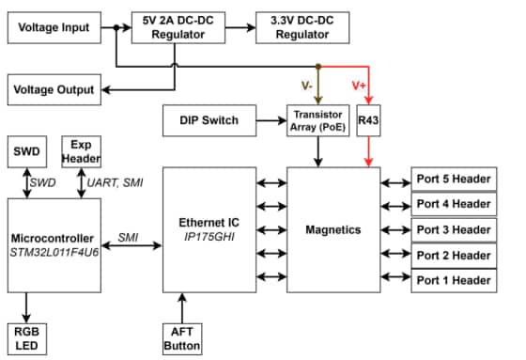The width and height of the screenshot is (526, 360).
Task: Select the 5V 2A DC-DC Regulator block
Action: (179, 28)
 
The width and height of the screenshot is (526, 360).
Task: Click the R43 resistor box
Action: (369, 120)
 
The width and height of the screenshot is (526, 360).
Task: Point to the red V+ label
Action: (358, 86)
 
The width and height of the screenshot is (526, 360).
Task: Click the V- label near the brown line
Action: (307, 86)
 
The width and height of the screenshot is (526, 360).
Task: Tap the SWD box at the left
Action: (25, 150)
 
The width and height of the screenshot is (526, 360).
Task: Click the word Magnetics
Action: (333, 229)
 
